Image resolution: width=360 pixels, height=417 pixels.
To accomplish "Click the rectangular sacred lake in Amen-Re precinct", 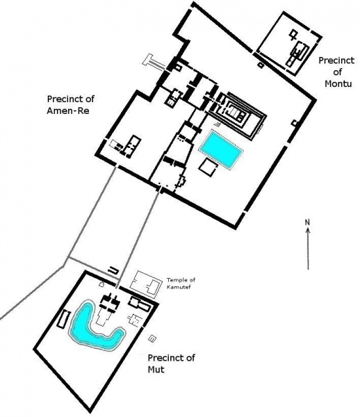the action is click(x=221, y=149).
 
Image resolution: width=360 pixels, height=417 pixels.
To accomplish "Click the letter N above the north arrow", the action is click(x=308, y=222).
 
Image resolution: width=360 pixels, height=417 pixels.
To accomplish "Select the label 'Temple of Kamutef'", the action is click(x=181, y=284).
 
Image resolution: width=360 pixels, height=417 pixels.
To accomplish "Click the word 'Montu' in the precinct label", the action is click(x=338, y=83).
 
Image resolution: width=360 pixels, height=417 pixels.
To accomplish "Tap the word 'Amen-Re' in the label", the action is click(x=68, y=111).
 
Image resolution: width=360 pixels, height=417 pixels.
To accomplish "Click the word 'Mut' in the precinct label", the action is click(x=156, y=370).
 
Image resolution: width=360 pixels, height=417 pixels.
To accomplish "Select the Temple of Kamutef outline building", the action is click(x=145, y=285).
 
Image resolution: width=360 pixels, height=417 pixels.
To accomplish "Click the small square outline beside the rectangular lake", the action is click(x=208, y=167).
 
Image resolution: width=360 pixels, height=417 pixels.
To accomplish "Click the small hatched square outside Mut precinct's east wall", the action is click(x=152, y=338).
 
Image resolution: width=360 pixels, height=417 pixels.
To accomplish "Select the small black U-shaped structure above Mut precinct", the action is click(x=113, y=270).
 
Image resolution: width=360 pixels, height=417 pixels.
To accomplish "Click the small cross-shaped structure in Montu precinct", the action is click(x=293, y=35).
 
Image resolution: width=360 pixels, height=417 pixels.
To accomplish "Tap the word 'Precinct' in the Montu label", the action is click(x=336, y=60).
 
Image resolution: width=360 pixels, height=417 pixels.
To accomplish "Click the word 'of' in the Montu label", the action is click(x=338, y=72).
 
